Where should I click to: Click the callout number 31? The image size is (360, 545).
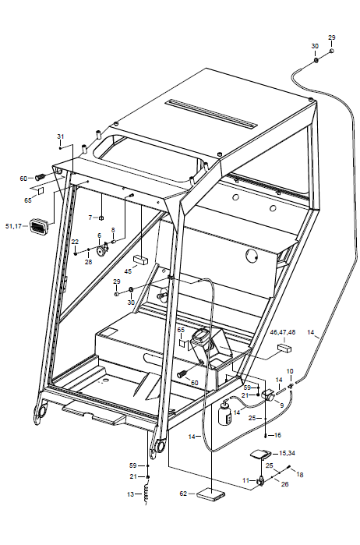(x=61, y=136)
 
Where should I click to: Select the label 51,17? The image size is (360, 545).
(x=13, y=226)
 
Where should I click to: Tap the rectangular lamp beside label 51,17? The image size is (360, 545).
(x=37, y=226)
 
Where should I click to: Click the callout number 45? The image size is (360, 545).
(x=129, y=271)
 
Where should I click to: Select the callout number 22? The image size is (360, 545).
(x=75, y=242)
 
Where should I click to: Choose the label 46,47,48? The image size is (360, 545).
(x=283, y=332)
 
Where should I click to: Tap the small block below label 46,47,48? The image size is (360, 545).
(x=284, y=348)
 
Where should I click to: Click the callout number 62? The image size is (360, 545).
(x=184, y=494)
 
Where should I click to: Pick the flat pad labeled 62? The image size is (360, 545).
(x=210, y=494)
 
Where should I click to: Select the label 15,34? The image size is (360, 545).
(x=287, y=453)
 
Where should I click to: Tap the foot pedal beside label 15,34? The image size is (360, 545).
(x=260, y=454)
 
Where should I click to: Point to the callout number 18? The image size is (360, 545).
(x=300, y=475)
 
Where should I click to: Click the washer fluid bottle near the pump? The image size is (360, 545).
(x=224, y=412)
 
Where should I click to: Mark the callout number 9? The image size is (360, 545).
(x=281, y=405)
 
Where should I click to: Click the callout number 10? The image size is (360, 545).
(x=290, y=372)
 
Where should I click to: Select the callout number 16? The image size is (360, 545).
(x=277, y=435)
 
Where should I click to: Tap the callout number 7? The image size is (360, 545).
(x=90, y=218)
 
